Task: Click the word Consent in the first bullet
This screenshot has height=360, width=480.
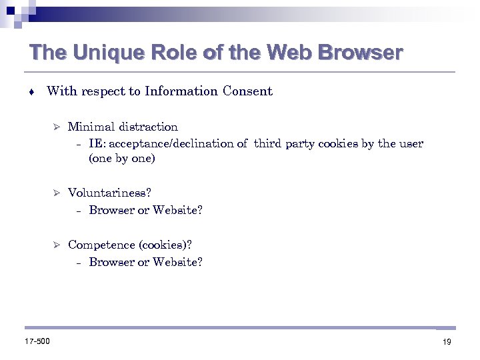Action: point(247,92)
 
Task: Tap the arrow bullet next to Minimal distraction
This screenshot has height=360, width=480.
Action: point(57,127)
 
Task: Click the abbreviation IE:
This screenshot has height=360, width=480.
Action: point(97,143)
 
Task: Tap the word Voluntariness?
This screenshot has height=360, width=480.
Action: point(109,193)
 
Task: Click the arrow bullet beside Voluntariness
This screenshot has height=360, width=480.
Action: point(57,193)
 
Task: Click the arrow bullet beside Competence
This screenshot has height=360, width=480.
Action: point(57,245)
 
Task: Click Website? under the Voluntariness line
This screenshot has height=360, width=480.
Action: point(177,210)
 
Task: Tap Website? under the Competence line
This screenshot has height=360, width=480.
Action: point(177,262)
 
